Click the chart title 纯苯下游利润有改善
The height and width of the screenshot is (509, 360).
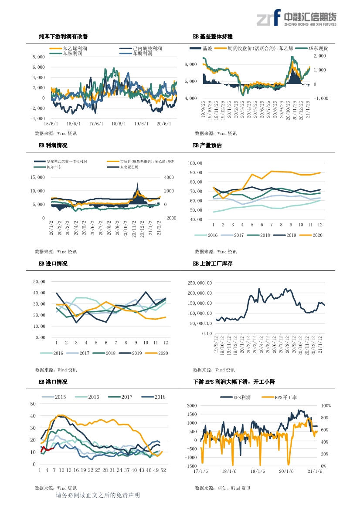66,37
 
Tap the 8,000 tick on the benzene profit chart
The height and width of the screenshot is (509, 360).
39,57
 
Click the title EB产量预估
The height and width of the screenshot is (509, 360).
207,145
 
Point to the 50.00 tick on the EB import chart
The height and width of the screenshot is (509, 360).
39,282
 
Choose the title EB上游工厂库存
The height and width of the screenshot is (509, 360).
213,264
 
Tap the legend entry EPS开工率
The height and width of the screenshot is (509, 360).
283,398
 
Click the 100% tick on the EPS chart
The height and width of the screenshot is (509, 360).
326,406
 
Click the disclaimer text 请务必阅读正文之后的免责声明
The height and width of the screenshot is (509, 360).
98,496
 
